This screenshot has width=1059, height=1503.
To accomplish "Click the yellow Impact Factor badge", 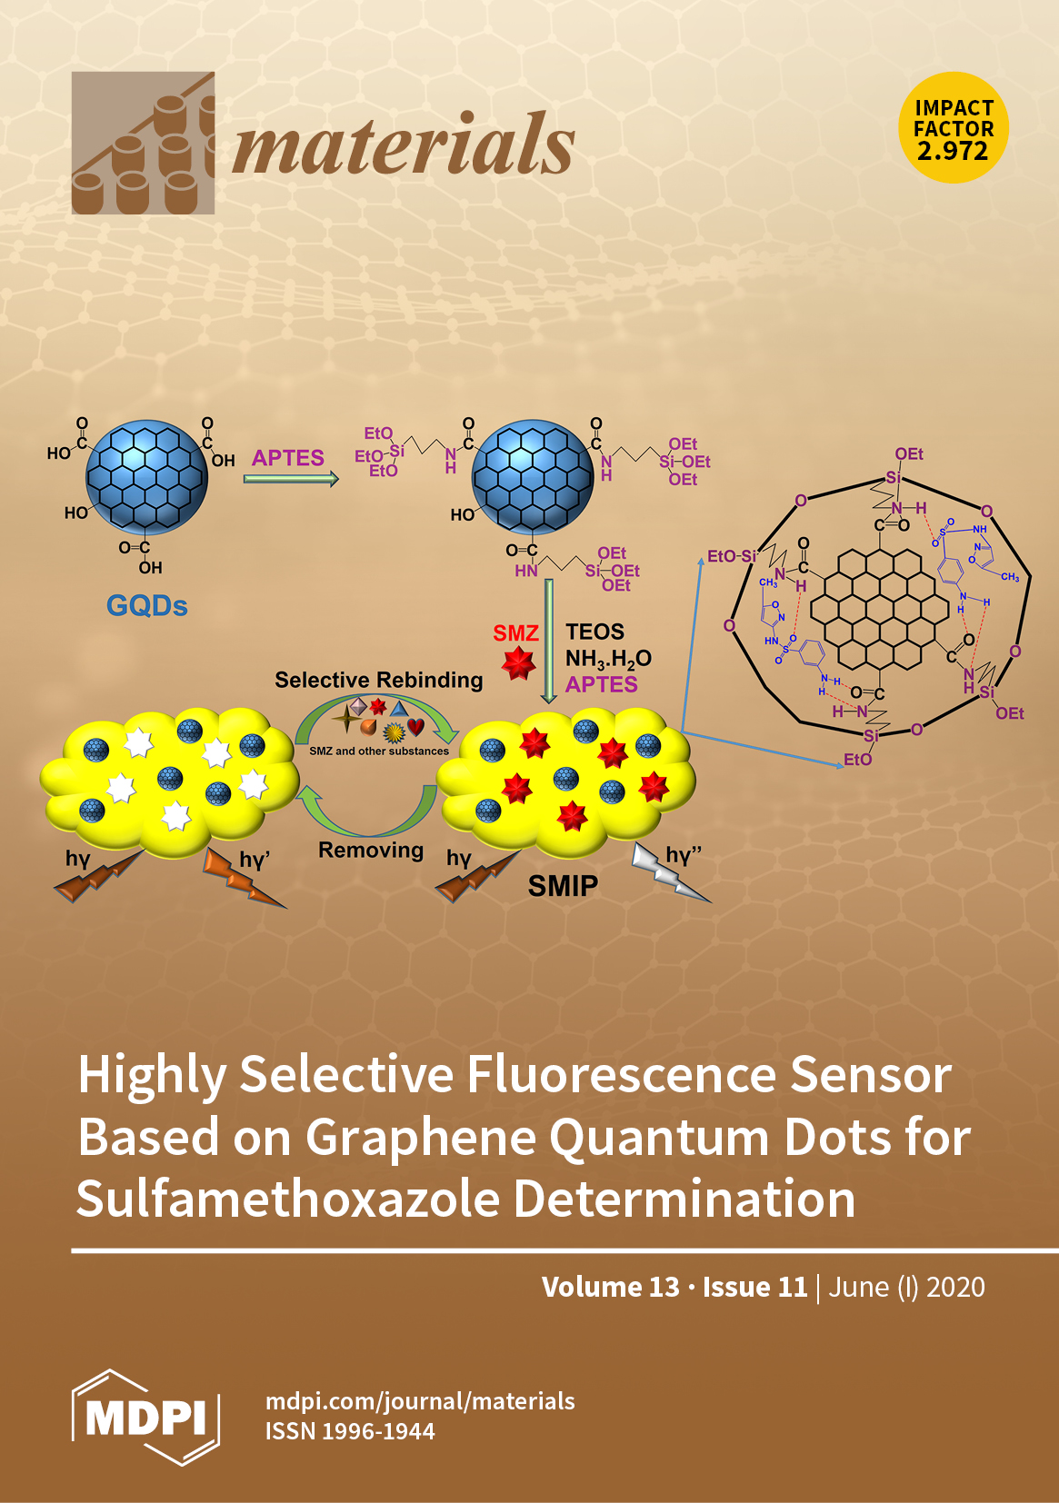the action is click(x=954, y=128).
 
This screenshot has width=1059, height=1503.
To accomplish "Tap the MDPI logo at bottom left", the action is click(x=145, y=1417).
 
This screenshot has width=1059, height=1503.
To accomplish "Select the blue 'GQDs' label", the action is click(x=146, y=605).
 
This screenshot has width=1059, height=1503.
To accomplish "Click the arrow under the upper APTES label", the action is click(x=291, y=478).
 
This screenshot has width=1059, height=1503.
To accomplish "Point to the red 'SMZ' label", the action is click(x=515, y=632).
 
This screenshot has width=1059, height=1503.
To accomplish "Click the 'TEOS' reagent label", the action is click(x=594, y=632).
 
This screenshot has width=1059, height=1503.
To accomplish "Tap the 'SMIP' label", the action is click(x=563, y=886).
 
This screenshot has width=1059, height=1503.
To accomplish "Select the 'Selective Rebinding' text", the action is click(x=378, y=680).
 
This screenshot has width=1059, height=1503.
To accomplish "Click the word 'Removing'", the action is click(x=371, y=851).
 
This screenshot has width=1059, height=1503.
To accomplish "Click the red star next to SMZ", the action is click(x=519, y=664).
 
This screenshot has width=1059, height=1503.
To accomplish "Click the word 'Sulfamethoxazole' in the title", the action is click(x=288, y=1199).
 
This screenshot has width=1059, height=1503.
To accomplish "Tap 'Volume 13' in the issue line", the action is click(x=610, y=1287).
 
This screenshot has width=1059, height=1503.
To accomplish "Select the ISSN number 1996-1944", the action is click(x=379, y=1431).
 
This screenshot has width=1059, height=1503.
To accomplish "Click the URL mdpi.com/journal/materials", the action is click(x=420, y=1401).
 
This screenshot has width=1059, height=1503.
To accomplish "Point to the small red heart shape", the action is click(x=416, y=726).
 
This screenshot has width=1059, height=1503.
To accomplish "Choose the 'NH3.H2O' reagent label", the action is click(x=608, y=659).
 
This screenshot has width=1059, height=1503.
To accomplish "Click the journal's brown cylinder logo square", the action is click(x=143, y=144).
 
